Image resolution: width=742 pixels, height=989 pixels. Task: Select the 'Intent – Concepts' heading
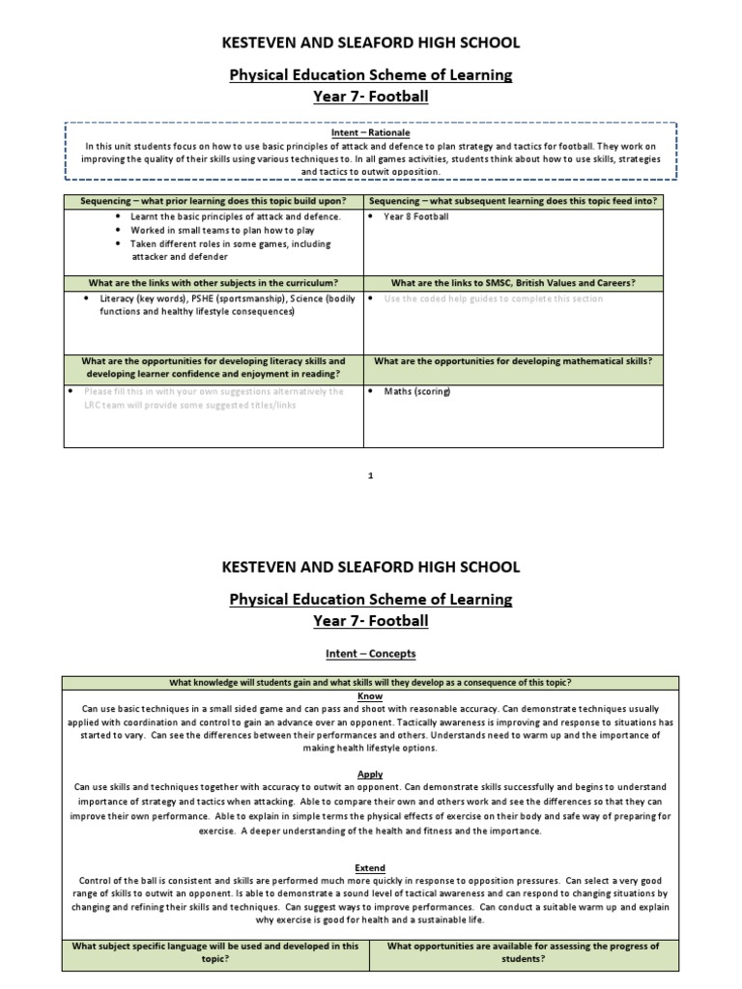[371, 654]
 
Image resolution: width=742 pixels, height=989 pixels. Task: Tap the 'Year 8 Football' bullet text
[416, 216]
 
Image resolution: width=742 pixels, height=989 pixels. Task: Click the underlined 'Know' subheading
[370, 695]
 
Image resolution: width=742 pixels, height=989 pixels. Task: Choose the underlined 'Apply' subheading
[370, 774]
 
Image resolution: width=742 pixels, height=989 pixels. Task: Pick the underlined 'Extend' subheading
[370, 867]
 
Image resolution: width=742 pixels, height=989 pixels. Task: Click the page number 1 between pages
[371, 476]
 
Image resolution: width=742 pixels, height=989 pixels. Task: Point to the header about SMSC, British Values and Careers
[512, 283]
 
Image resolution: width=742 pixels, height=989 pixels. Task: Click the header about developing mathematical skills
[512, 361]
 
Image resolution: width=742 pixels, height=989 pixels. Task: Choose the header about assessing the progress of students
[523, 952]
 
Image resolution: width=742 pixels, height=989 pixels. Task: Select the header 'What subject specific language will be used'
[215, 952]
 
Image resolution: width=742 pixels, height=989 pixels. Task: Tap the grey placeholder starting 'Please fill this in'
[213, 398]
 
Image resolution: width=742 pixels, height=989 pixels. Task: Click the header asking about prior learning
[213, 200]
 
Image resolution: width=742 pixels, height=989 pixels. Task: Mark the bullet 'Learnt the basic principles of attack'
[236, 216]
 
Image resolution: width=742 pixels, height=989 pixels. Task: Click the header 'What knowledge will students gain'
[371, 682]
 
